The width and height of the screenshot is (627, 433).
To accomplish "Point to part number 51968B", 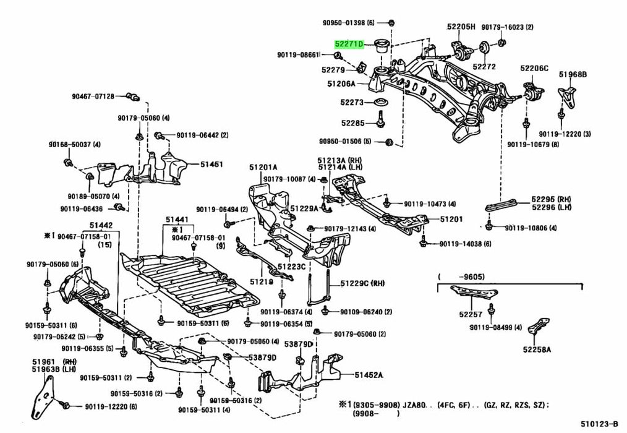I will click(573, 75).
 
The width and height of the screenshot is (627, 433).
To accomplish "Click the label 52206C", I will click(534, 68).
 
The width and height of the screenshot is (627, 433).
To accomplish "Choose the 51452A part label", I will click(369, 375).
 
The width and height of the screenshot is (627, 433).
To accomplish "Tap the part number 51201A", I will click(263, 168).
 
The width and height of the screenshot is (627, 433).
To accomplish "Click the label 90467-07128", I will click(93, 96).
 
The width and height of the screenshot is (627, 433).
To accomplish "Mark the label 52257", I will click(469, 315).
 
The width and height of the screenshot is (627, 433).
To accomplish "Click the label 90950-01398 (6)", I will click(348, 23).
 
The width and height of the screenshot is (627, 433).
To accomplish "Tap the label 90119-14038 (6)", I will click(466, 244).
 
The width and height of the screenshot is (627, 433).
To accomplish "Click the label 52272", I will click(484, 66).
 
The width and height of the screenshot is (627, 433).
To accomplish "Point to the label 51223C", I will click(291, 267).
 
